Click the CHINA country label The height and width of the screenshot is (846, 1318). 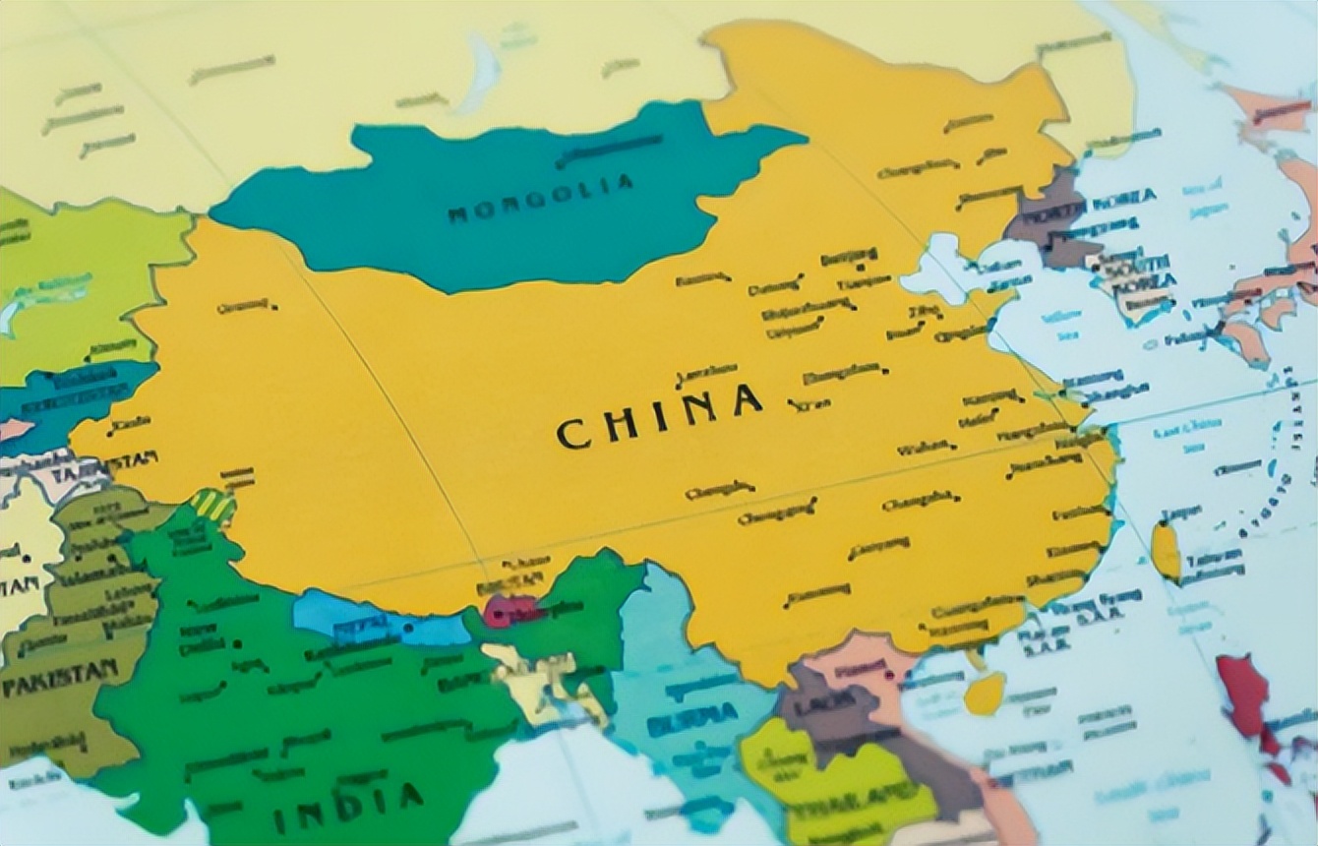(x=659, y=419)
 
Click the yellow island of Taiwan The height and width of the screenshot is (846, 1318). (x=1167, y=551)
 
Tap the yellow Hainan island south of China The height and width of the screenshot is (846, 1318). (x=984, y=695)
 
